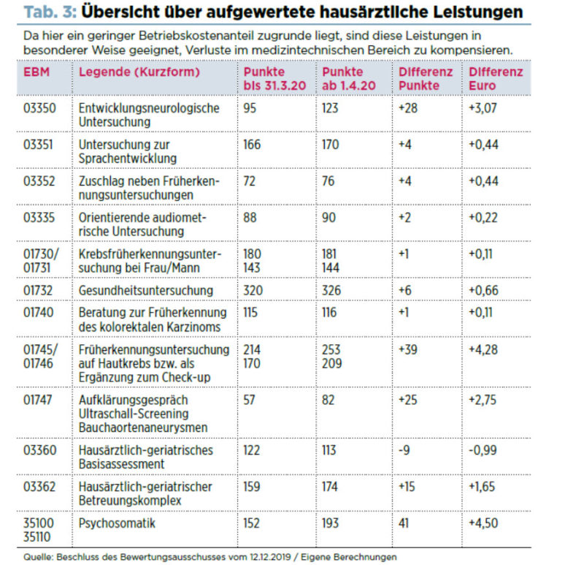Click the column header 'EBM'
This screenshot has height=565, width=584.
pyautogui.click(x=36, y=72)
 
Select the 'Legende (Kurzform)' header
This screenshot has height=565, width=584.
pyautogui.click(x=139, y=72)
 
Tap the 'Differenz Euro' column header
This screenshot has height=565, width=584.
pyautogui.click(x=496, y=79)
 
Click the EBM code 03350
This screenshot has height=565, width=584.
pyautogui.click(x=39, y=108)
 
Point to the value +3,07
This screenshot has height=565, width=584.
pyautogui.click(x=483, y=108)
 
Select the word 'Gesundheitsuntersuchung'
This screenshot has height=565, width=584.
pyautogui.click(x=145, y=290)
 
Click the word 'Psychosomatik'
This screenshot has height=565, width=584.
pyautogui.click(x=117, y=523)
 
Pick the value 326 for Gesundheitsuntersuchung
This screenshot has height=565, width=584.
pyautogui.click(x=331, y=290)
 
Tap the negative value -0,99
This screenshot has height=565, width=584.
pyautogui.click(x=483, y=450)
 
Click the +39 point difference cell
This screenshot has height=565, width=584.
pyautogui.click(x=408, y=350)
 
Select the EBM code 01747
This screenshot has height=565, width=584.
pyautogui.click(x=38, y=400)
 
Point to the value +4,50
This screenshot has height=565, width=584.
pyautogui.click(x=483, y=523)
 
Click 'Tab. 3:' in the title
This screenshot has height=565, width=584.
pyautogui.click(x=50, y=12)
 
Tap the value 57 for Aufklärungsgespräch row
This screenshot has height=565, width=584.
pyautogui.click(x=249, y=400)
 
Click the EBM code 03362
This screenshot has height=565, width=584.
pyautogui.click(x=39, y=487)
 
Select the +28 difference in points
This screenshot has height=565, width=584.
pyautogui.click(x=408, y=108)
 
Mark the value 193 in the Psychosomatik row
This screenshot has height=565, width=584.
pyautogui.click(x=331, y=523)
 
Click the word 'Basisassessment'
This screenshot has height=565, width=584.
pyautogui.click(x=121, y=464)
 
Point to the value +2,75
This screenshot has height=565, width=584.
pyautogui.click(x=483, y=400)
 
